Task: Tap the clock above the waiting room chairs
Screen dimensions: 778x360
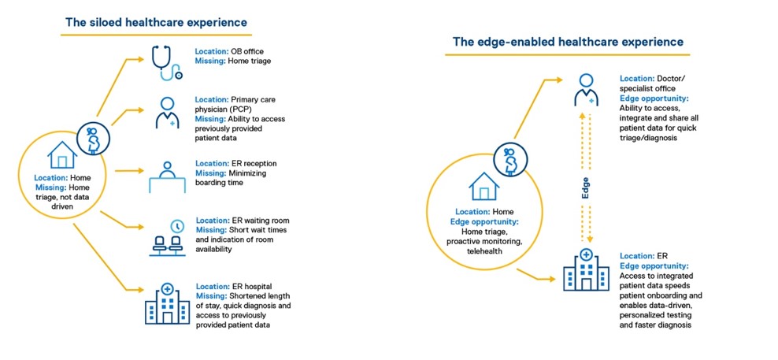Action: pyautogui.click(x=176, y=225)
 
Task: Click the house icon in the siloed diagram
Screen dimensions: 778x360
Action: pyautogui.click(x=62, y=154)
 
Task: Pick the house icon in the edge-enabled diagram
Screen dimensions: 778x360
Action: pyautogui.click(x=483, y=186)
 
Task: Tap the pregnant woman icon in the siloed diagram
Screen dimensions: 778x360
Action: pyautogui.click(x=93, y=139)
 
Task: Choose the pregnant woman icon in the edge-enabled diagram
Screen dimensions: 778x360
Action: pyautogui.click(x=510, y=159)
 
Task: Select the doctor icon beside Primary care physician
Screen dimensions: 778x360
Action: pyautogui.click(x=167, y=113)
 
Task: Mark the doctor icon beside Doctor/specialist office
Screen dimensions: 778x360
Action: pyautogui.click(x=586, y=90)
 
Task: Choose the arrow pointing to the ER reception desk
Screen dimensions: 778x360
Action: pyautogui.click(x=129, y=171)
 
